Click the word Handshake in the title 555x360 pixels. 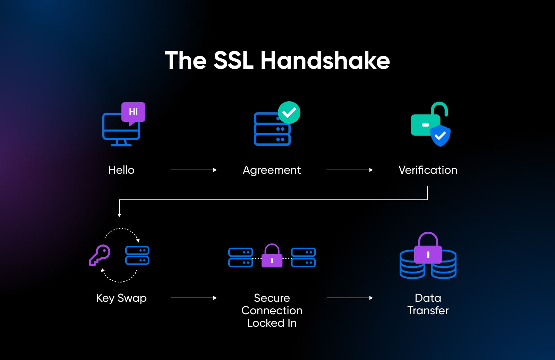325,61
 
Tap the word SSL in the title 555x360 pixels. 233,61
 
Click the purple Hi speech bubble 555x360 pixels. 133,112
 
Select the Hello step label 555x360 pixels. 121,170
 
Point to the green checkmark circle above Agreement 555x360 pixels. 289,112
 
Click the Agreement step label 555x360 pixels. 272,170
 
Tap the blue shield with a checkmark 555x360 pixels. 440,136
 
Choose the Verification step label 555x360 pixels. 428,170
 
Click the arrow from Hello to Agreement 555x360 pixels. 194,170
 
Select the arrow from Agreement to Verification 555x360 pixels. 350,170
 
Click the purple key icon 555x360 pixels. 100,255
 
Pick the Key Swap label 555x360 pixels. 121,298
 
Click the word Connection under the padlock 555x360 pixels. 272,310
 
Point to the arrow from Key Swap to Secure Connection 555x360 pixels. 194,298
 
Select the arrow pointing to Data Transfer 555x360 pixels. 350,298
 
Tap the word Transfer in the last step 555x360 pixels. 428,310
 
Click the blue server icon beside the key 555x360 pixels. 137,255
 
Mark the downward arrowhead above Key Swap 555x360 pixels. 119,215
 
